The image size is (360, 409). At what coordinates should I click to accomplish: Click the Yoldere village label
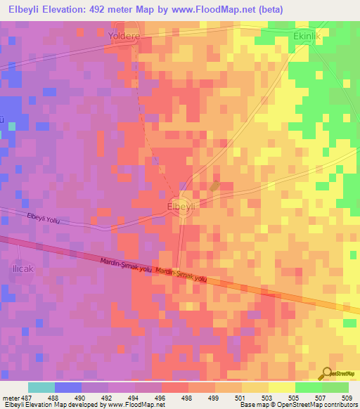125,34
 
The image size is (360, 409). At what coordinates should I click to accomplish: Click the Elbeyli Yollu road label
44,219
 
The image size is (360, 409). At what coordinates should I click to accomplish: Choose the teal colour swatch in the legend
41,387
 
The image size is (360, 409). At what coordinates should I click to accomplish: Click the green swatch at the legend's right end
335,387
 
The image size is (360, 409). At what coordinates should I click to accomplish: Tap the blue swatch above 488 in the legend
67,387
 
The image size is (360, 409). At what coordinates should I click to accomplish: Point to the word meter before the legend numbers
10,397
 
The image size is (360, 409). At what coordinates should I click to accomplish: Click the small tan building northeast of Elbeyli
214,186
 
